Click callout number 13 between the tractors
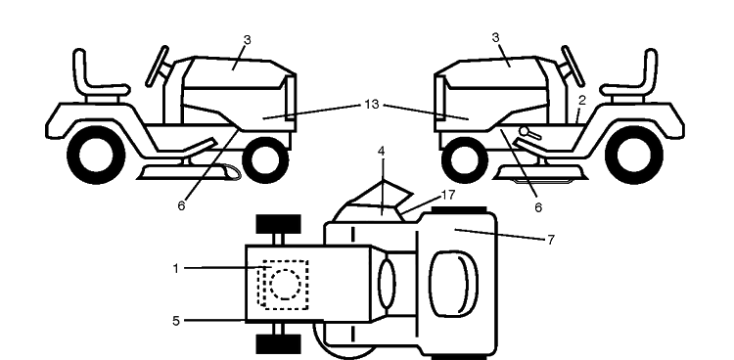[371, 105]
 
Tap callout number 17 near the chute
[448, 195]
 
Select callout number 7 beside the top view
[550, 240]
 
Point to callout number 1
[175, 269]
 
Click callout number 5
[175, 321]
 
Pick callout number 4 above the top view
[382, 152]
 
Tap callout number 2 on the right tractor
[582, 100]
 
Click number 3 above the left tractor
[248, 40]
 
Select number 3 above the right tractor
[496, 37]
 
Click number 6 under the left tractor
[181, 206]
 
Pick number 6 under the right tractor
[538, 207]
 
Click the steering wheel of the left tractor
[158, 66]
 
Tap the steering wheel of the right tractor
[573, 66]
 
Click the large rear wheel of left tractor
[97, 155]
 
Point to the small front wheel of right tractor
[464, 159]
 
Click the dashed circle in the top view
[286, 285]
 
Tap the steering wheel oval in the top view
[387, 284]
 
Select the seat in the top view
[453, 284]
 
